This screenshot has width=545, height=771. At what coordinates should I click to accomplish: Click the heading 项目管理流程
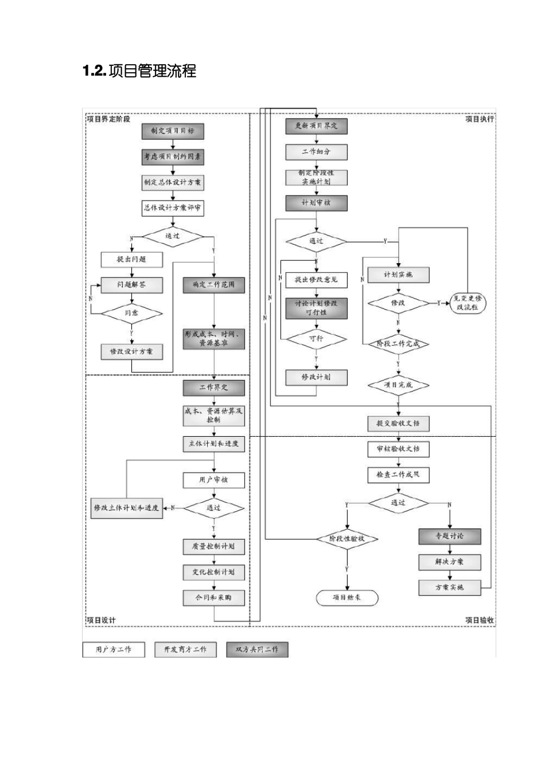139,71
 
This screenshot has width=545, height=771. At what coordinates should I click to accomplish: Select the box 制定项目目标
173,131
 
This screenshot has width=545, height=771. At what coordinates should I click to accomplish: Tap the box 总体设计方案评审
173,208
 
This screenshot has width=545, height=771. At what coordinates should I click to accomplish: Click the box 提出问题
131,260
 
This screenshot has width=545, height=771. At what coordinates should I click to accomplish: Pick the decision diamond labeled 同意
131,313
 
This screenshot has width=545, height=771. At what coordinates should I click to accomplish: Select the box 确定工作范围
213,285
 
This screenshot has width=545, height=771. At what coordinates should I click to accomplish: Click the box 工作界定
213,388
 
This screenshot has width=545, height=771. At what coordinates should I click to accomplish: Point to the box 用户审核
213,480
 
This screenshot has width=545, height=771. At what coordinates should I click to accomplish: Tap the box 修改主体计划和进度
127,508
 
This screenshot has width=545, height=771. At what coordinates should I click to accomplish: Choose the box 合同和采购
213,598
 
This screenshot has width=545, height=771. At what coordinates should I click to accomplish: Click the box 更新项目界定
316,126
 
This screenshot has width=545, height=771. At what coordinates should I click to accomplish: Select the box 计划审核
316,203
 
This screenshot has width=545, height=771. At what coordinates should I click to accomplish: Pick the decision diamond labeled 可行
316,339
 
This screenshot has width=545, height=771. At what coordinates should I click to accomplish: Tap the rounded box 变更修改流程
468,303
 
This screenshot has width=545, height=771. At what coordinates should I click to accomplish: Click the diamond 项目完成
398,385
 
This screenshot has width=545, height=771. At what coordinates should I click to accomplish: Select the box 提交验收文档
398,424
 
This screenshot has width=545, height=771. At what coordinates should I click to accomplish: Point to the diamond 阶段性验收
347,539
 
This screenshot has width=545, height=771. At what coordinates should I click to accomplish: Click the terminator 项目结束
347,598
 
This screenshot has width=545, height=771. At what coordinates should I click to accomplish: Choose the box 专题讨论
449,537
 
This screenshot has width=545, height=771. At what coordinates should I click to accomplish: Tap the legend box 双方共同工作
257,649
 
